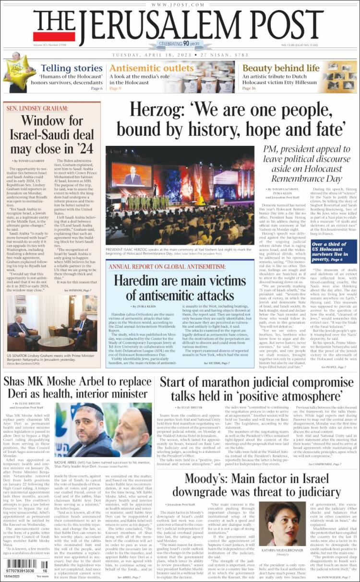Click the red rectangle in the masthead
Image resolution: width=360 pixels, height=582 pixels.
54,36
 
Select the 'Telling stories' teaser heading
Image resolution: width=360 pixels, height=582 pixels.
71,68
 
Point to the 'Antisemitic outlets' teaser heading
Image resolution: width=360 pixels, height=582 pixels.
151,68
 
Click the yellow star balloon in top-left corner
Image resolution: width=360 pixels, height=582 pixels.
17,70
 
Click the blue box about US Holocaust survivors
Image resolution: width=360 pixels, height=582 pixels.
334,252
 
